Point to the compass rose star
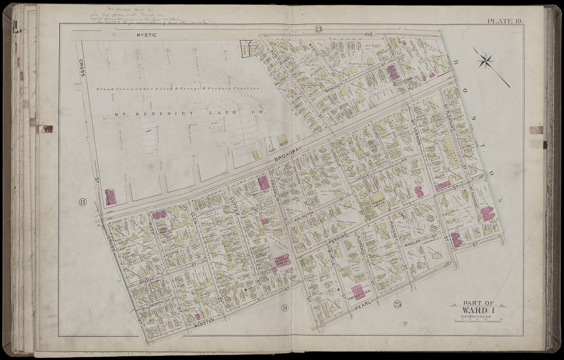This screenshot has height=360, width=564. click(x=486, y=61)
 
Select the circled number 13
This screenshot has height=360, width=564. click(x=319, y=30)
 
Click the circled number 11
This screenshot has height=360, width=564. click(x=82, y=202)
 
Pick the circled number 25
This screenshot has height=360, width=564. click(x=397, y=303)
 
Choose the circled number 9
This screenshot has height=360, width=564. click(x=284, y=308)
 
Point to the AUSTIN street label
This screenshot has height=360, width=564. click(x=276, y=58)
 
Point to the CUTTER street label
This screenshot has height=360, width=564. click(x=233, y=206)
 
